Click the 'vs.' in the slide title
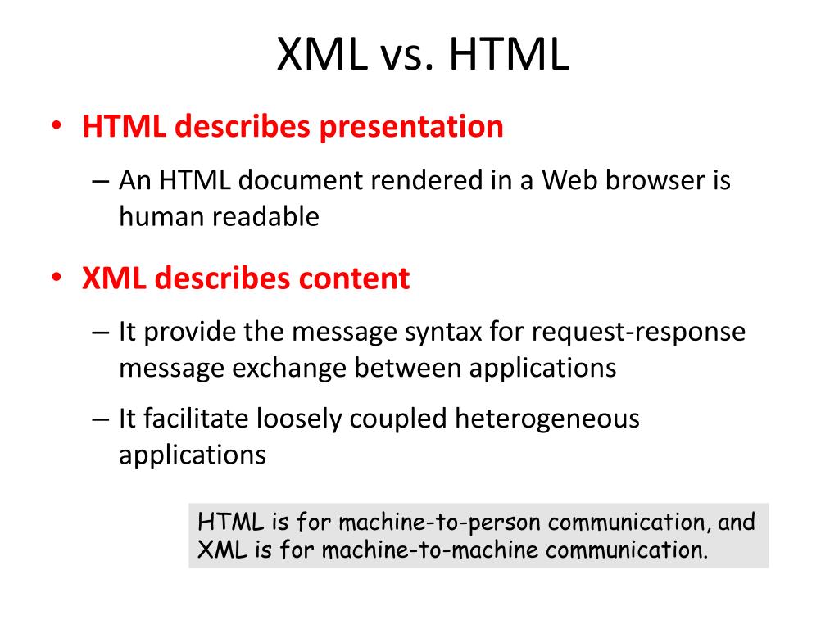[406, 55]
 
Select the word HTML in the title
[509, 54]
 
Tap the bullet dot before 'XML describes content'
[57, 278]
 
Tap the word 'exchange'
[289, 368]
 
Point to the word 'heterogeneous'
[546, 419]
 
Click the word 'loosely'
[298, 419]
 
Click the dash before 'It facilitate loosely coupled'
[100, 419]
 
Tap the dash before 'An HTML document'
[100, 181]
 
